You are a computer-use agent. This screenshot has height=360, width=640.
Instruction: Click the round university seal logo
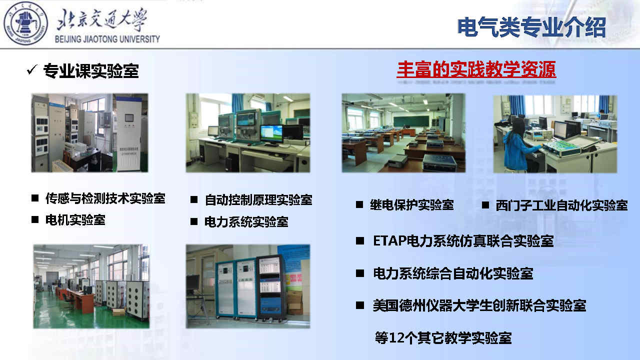coord(25,23)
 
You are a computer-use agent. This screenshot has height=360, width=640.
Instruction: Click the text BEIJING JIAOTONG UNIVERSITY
coord(107,39)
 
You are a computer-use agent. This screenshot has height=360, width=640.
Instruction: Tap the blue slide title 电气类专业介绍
coord(531,27)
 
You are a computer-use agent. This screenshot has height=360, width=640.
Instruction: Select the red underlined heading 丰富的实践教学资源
coord(476,69)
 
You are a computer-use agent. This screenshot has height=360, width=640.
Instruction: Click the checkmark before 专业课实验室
coord(32,69)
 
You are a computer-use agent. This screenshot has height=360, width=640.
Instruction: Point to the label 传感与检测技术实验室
coord(105,198)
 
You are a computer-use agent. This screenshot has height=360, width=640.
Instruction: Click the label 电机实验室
coord(75,219)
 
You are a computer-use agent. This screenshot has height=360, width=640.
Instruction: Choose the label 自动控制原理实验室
coord(258,199)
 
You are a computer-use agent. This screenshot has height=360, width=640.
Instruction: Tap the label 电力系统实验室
coord(246,221)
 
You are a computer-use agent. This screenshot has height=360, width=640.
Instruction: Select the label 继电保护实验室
coord(411,205)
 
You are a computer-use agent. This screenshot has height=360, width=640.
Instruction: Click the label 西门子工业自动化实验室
coord(561,205)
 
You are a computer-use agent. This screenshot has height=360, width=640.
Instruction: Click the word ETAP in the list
coord(389,241)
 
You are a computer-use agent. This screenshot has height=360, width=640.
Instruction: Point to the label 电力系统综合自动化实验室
coord(453,273)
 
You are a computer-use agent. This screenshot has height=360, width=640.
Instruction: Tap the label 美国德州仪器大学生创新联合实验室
coord(479,305)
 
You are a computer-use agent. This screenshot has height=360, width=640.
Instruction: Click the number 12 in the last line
coord(396,338)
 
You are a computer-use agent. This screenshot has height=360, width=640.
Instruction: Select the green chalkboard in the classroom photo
coord(411,121)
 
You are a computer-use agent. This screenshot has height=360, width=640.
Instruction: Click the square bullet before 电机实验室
coord(35,219)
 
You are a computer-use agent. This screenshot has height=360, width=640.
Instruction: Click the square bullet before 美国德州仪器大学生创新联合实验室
coord(360,305)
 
